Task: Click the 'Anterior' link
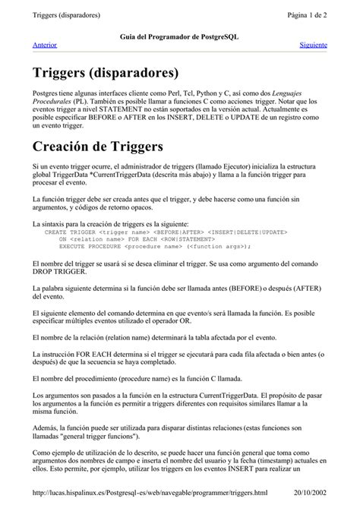click(x=45, y=45)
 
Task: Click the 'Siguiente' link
click(x=313, y=45)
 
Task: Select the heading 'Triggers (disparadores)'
click(x=106, y=73)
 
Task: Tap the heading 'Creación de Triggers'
click(x=97, y=146)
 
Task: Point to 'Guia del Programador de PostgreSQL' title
click(x=179, y=36)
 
